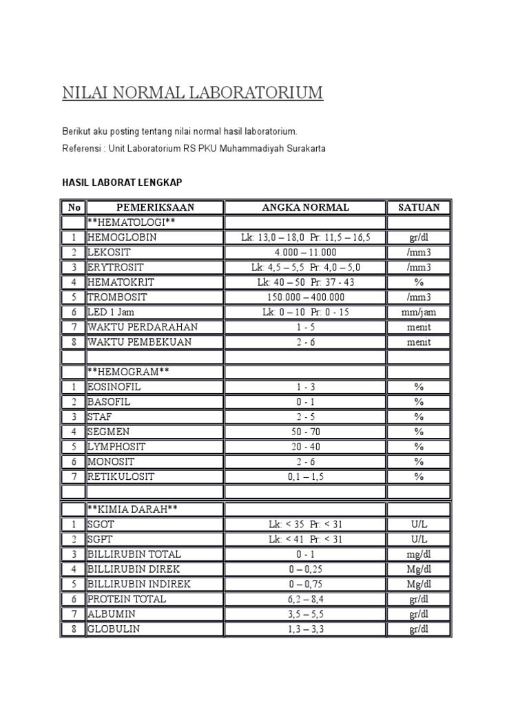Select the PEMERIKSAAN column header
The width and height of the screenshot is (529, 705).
coord(155,207)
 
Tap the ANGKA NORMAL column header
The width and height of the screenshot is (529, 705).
coord(305,207)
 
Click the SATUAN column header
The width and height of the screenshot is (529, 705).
coord(418,207)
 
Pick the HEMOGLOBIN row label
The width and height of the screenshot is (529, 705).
coord(122,237)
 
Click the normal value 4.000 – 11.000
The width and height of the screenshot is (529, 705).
coord(305,252)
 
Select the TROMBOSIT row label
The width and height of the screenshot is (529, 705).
coord(117,297)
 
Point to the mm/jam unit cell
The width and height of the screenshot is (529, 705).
coord(418,312)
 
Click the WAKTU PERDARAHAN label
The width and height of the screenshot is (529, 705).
coord(143,327)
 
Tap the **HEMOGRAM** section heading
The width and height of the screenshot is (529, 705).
coord(128,372)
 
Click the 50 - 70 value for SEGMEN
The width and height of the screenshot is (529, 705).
coord(305,432)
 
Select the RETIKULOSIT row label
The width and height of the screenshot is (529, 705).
coord(121,476)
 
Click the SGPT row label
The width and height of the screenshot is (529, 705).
coord(100,539)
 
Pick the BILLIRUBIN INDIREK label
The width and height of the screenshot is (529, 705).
coord(138,584)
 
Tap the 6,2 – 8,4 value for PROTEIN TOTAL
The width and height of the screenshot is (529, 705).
coord(305,599)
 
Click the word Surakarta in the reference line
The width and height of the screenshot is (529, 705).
coord(303,148)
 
